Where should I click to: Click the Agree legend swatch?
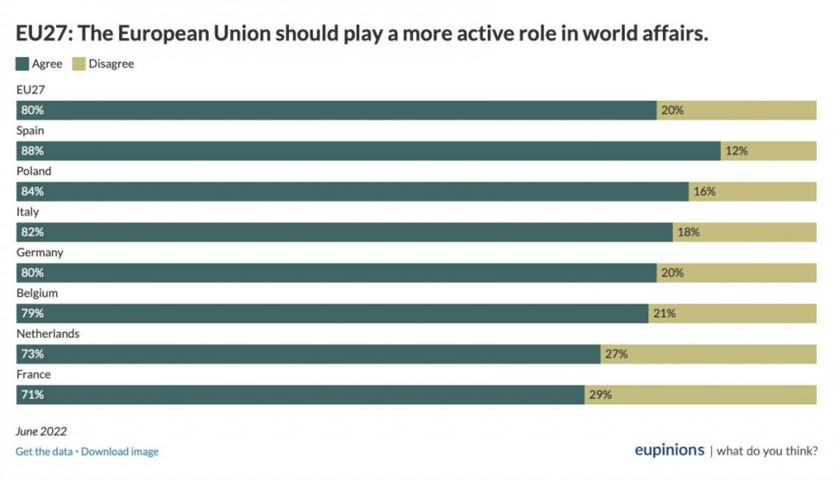(x=23, y=63)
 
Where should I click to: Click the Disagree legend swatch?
(x=80, y=63)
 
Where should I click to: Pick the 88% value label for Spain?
(x=33, y=151)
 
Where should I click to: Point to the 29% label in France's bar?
(x=600, y=395)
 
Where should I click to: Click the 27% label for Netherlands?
(x=617, y=354)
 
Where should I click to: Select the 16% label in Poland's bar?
(x=705, y=191)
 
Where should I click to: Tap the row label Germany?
(x=40, y=252)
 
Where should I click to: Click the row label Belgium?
(x=37, y=293)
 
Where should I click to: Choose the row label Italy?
(x=28, y=212)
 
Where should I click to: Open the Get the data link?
(x=44, y=452)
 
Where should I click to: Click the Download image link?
(x=120, y=452)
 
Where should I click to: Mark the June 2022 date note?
(x=42, y=431)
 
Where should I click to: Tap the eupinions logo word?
(x=669, y=451)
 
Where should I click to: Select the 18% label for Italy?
(x=688, y=232)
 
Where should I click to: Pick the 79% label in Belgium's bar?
(x=33, y=313)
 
